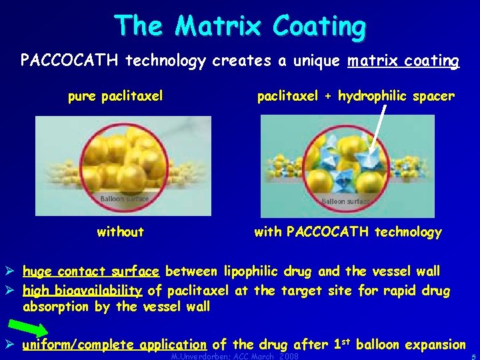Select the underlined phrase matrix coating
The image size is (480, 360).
pos(403,62)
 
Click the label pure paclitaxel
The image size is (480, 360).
pos(115,97)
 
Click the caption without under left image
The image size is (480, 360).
pos(120,232)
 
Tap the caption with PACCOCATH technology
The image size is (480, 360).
pos(348,232)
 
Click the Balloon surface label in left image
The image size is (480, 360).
pos(124,199)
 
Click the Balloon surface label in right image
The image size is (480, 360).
pos(345,201)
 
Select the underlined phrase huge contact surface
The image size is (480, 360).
pos(91,271)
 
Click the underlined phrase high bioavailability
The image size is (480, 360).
pos(83,291)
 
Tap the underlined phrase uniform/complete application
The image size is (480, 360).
pos(114,345)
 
